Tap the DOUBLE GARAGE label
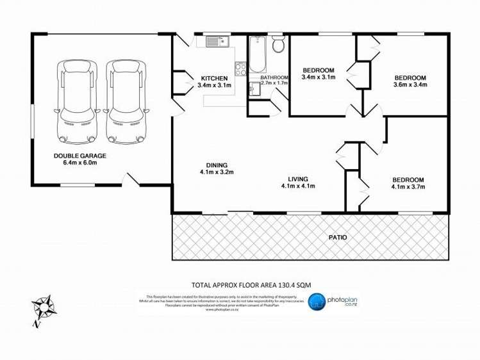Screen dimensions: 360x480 pyautogui.click(x=80, y=156)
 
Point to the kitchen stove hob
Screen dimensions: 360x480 pyautogui.click(x=241, y=68)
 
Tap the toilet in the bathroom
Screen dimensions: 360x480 pyautogui.click(x=278, y=45)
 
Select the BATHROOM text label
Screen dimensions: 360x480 pyautogui.click(x=274, y=78)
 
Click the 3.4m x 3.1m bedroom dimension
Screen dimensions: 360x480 pyautogui.click(x=319, y=78)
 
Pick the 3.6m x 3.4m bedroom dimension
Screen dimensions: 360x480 pyautogui.click(x=410, y=85)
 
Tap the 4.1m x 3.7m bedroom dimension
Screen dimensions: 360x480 pyautogui.click(x=408, y=186)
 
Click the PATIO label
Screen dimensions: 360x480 pyautogui.click(x=338, y=237)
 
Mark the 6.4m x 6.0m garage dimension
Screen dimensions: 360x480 pyautogui.click(x=80, y=163)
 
